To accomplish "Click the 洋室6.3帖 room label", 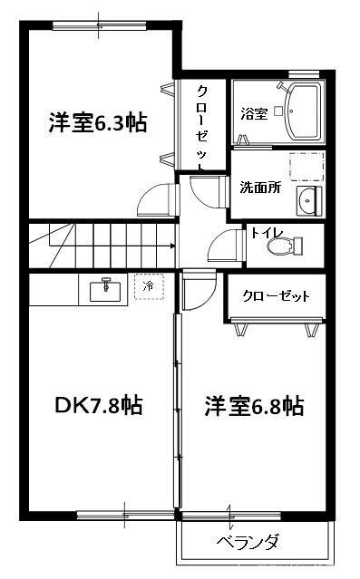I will (x=98, y=122).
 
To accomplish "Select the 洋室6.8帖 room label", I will (x=253, y=405).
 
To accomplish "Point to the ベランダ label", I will (x=247, y=543).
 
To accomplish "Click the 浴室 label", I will (x=253, y=114).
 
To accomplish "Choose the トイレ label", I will (x=267, y=233).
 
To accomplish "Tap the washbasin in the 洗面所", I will (x=307, y=201).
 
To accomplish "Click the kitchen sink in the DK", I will (x=107, y=290).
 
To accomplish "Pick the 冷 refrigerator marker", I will (x=149, y=287).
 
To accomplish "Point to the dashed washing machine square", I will (x=306, y=169).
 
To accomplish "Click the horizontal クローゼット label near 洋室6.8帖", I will (x=277, y=296).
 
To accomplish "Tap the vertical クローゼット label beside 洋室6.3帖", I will (x=201, y=127).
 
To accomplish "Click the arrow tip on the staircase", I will (x=171, y=246).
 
